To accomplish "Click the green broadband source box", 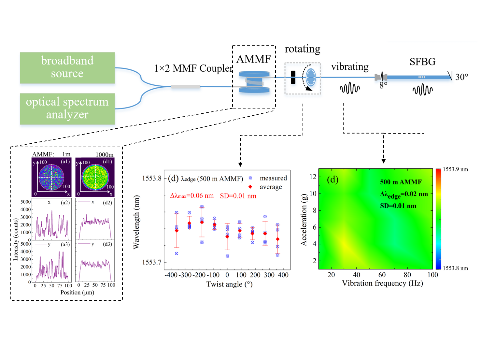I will pos(67,67).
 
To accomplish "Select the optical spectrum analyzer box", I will pos(67,108).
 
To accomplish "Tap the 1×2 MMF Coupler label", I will pos(193,68).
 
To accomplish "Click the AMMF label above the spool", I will pos(254,59).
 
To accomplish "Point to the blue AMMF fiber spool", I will pos(254,82).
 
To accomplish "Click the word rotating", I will pos(303,49).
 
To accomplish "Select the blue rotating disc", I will pos(311,77).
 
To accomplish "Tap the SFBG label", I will pos(422,62).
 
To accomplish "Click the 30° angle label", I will pos(461,77).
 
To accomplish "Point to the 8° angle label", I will pos(383,85).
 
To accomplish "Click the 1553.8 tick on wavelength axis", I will pos(152,178).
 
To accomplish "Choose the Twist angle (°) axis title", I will pos(229,284).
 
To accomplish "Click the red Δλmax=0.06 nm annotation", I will pos(192,196).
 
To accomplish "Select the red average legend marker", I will pos(250,187).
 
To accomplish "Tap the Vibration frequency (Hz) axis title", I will pos(382,283).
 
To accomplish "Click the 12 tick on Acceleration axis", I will pos(313,177).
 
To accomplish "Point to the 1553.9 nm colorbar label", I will pos(455,169).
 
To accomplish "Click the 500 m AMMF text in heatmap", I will pos(401,182).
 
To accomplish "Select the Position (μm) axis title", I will pos(77,293).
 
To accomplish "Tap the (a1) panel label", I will pos(65,162).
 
